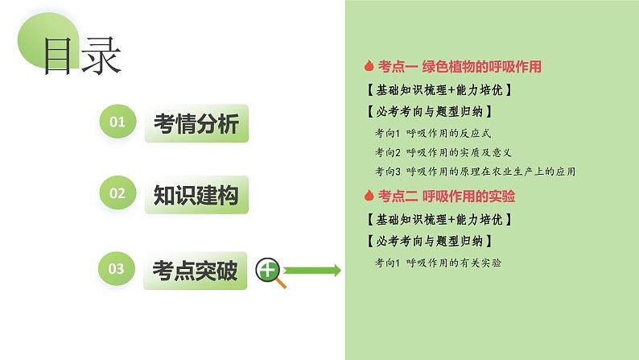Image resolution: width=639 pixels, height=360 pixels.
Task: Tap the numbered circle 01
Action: [117, 122]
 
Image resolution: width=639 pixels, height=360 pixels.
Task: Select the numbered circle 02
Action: [117, 193]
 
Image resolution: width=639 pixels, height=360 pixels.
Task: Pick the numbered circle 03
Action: [117, 270]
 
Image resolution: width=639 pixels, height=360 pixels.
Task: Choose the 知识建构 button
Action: [196, 194]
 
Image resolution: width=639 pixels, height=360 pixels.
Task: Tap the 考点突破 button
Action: [196, 271]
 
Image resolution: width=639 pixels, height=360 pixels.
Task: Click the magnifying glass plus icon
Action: [269, 272]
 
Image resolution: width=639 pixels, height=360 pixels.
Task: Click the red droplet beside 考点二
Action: [369, 196]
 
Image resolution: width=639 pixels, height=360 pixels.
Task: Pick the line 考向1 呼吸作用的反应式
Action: [427, 133]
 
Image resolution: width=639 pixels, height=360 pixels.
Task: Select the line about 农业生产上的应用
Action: [475, 171]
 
